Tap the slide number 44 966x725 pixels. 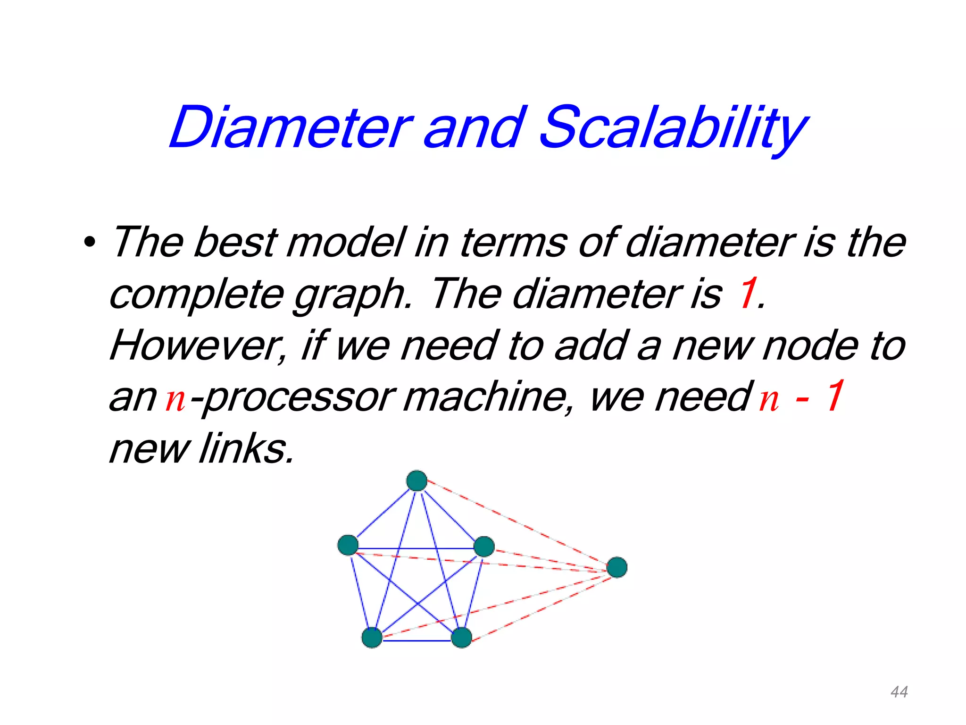pos(899,692)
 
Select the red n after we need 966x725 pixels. pos(769,399)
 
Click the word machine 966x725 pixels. pos(486,396)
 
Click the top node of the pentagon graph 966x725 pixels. pos(417,481)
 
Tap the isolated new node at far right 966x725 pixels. pos(617,567)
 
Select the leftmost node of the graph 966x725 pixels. pos(348,545)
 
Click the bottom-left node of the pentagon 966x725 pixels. pos(372,637)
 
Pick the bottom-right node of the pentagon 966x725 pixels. pos(461,638)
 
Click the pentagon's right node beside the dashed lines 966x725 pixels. pos(484,547)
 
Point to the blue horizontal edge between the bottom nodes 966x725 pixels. pos(416,641)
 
